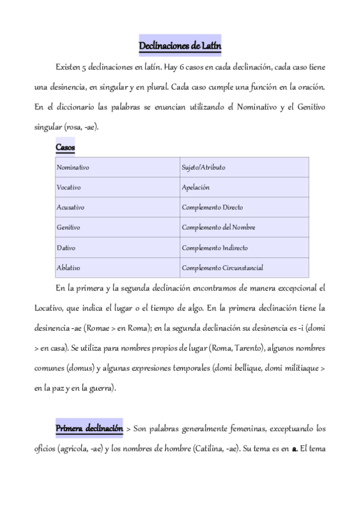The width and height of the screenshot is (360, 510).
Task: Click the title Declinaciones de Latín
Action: pyautogui.click(x=180, y=45)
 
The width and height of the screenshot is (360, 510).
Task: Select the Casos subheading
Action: pyautogui.click(x=65, y=147)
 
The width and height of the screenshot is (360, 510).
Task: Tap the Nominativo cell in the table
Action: pyautogui.click(x=73, y=167)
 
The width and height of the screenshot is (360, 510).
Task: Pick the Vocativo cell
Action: pyautogui.click(x=69, y=188)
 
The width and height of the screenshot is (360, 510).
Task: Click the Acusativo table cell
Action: pyautogui.click(x=70, y=207)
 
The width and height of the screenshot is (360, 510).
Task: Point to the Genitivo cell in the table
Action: pyautogui.click(x=68, y=228)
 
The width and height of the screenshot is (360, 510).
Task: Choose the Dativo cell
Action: pyautogui.click(x=66, y=248)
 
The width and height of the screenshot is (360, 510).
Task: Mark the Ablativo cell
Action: pyautogui.click(x=68, y=268)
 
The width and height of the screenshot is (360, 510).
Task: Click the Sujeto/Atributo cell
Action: pyautogui.click(x=203, y=167)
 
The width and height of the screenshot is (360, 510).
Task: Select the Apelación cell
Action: pyautogui.click(x=195, y=188)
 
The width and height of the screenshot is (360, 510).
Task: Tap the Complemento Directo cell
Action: pyautogui.click(x=212, y=207)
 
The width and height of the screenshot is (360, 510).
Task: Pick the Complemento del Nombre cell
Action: pyautogui.click(x=218, y=228)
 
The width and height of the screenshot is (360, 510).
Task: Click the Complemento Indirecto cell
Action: pyautogui.click(x=215, y=248)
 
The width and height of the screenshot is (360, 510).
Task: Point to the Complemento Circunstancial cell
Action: pyautogui.click(x=222, y=268)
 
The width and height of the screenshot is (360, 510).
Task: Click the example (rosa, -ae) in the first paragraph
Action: pyautogui.click(x=84, y=127)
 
